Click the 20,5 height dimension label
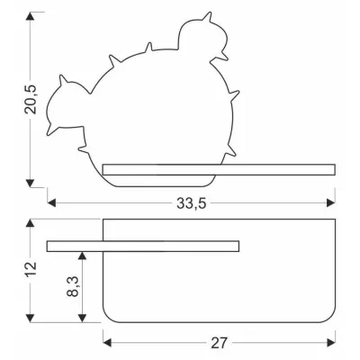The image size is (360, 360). point(31,99)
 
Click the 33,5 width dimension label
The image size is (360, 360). point(191,203)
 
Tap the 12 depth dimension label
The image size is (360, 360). point(31,269)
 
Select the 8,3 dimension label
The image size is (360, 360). point(72,286)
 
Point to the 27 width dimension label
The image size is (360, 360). point(219,343)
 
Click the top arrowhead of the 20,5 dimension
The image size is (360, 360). point(30,16)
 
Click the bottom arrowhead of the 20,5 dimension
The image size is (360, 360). point(30,183)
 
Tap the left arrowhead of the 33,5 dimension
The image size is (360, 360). point(51,202)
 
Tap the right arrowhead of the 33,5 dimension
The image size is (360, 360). point(331,202)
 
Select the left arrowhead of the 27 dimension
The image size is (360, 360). point(107,342)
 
